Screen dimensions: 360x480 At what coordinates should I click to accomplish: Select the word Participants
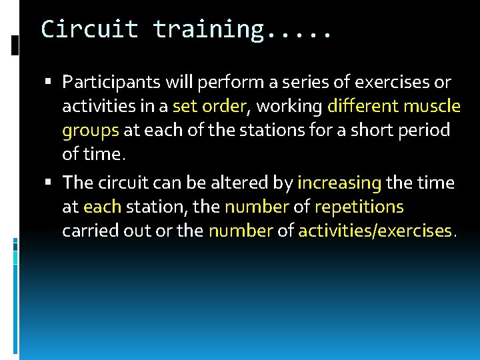[x=109, y=83]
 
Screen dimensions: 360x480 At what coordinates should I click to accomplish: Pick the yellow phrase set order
[x=209, y=107]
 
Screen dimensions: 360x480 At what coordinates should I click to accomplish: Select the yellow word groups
[x=90, y=131]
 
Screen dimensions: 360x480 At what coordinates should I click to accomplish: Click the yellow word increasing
[x=339, y=183]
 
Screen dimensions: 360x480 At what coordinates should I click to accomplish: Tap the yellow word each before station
[x=102, y=207]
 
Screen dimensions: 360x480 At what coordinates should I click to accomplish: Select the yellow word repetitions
[x=359, y=207]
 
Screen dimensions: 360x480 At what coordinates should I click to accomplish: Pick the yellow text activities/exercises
[x=375, y=231]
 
